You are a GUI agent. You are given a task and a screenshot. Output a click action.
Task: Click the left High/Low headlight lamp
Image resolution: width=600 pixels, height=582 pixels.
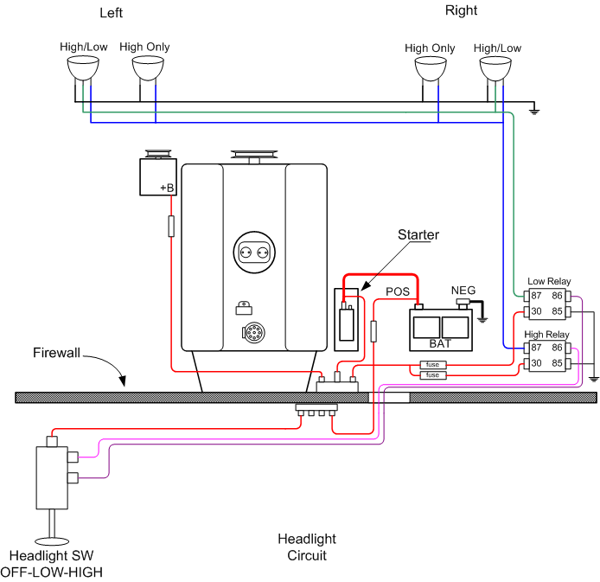coord(84,67)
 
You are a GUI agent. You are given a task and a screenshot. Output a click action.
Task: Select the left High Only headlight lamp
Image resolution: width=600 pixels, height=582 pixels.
coord(148,67)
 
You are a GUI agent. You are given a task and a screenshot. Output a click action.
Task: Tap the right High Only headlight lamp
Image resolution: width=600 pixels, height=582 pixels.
coord(430,68)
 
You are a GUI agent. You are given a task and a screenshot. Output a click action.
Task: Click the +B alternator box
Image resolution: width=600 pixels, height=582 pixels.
coord(158,176)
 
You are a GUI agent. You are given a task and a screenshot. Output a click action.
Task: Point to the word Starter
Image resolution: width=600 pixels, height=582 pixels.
coord(418,234)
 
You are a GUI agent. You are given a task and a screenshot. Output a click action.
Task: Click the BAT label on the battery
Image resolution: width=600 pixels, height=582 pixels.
coord(441,343)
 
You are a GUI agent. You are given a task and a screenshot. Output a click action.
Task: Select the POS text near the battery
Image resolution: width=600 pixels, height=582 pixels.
coord(398,291)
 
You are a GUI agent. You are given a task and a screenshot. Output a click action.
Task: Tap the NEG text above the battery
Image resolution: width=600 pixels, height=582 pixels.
coord(463,291)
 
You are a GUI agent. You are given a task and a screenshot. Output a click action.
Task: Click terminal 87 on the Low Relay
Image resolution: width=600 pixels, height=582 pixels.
coord(536,295)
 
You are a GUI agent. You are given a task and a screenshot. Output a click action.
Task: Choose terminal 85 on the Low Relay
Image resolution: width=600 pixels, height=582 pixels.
coord(558,310)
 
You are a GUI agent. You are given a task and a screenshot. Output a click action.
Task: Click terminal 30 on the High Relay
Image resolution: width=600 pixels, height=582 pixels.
coord(536,362)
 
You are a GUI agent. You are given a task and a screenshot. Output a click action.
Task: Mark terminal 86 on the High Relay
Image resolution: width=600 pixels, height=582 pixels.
coord(558,348)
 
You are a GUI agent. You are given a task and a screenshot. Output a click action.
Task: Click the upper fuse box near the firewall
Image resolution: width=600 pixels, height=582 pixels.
coord(431,364)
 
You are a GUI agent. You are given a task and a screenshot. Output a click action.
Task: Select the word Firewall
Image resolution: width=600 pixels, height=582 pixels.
coord(56,353)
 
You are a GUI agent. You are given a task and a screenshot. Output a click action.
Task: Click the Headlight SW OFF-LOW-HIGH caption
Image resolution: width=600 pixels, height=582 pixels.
coord(52,563)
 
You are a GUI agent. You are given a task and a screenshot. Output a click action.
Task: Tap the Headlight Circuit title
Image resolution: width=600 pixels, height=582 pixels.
coord(307,547)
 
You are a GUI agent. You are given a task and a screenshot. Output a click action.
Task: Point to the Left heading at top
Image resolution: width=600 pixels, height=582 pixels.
coord(112,13)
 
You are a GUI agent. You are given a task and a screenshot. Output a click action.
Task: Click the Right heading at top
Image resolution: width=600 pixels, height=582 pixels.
coord(461,10)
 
